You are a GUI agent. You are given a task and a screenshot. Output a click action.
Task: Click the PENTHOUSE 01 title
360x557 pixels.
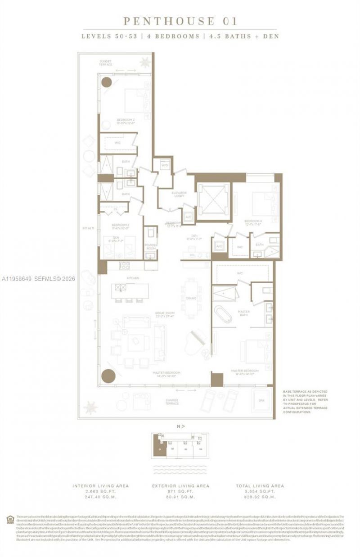[x=180, y=21]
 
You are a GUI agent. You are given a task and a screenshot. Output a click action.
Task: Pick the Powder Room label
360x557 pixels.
[x=150, y=246]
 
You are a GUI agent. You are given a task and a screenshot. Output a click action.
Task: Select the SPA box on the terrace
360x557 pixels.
[x=261, y=401]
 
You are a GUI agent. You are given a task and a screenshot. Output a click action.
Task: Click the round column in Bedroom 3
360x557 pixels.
[x=106, y=82]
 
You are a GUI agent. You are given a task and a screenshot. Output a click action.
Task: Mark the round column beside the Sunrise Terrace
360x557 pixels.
[x=108, y=376]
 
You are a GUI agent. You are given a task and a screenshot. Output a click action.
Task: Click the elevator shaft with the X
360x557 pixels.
[x=213, y=201]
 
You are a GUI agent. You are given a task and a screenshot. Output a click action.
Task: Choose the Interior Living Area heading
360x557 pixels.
[x=101, y=486]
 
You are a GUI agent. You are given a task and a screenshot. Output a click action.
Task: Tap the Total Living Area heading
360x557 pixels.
[x=260, y=486]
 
